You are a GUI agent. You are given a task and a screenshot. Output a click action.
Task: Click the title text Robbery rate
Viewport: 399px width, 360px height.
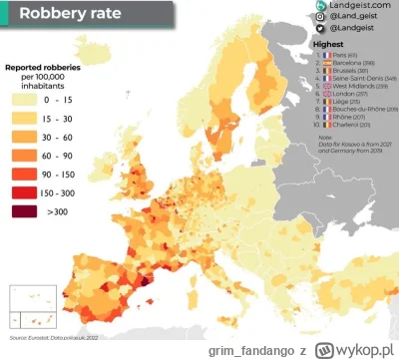click(67, 15)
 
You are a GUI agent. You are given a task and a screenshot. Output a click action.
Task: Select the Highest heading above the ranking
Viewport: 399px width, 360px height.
click(329, 46)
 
